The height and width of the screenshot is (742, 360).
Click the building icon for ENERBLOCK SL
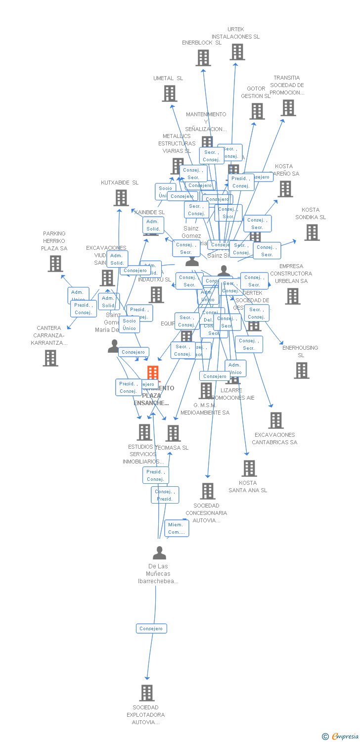click(x=203, y=58)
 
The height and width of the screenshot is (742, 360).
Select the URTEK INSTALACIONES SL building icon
click(x=237, y=52)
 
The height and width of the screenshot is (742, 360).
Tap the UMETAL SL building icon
click(x=170, y=93)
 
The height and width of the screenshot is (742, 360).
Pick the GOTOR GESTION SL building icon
click(x=257, y=111)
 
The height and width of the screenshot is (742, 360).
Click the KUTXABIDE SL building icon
click(x=121, y=198)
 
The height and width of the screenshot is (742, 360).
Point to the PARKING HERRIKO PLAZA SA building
click(x=55, y=264)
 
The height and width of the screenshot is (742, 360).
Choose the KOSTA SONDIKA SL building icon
click(x=312, y=232)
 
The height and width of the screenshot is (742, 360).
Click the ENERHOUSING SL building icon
click(x=301, y=371)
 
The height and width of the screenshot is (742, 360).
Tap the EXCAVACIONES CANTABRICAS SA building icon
click(x=275, y=420)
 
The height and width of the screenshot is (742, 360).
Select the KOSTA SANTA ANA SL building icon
click(x=249, y=468)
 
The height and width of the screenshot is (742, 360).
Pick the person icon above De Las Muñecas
click(x=159, y=553)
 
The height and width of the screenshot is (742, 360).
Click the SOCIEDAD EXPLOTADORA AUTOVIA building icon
click(x=146, y=693)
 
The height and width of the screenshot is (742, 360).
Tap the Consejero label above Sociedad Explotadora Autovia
click(x=151, y=629)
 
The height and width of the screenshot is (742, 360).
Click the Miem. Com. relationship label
click(x=176, y=528)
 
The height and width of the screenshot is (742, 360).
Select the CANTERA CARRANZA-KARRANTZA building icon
click(x=50, y=358)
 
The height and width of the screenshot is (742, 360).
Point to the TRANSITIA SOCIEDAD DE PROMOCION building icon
click(x=288, y=108)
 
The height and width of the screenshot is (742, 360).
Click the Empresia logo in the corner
click(x=341, y=737)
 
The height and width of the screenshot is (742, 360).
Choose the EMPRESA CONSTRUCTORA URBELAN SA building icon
click(x=292, y=296)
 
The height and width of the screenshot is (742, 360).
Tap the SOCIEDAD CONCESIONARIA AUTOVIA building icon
click(x=208, y=491)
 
